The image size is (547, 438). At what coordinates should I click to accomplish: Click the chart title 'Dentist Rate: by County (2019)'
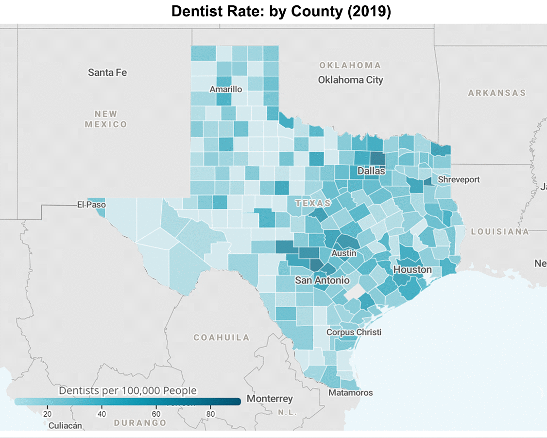coord(281,12)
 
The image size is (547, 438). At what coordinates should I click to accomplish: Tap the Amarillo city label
coord(225,89)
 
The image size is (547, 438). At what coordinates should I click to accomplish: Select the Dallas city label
coord(371,171)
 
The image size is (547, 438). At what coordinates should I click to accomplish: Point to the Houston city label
coord(412,269)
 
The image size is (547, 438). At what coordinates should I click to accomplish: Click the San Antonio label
coord(322,280)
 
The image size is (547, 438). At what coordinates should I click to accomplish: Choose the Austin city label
coord(344,253)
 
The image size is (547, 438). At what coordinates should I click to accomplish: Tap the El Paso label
coord(91,205)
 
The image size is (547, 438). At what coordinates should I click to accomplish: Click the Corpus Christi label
coord(354,332)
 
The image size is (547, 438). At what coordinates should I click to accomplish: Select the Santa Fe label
coord(107,72)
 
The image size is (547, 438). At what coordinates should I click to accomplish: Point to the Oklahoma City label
coord(350,80)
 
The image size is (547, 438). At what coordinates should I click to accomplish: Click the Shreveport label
coord(459,179)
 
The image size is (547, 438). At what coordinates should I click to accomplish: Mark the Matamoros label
coord(351,392)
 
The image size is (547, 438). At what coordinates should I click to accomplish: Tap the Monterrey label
coord(270,399)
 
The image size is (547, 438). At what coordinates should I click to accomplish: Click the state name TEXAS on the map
coord(313,203)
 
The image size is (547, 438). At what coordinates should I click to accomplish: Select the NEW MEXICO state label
coord(106,119)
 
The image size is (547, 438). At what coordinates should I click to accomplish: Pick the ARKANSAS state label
coord(497,93)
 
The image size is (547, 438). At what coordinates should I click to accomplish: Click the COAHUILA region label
coord(222,337)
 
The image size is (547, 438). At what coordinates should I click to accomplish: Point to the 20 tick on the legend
coord(48,414)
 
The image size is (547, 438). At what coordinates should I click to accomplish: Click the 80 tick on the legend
coord(210,414)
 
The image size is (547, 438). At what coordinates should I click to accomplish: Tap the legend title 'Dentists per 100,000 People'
coord(128,390)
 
